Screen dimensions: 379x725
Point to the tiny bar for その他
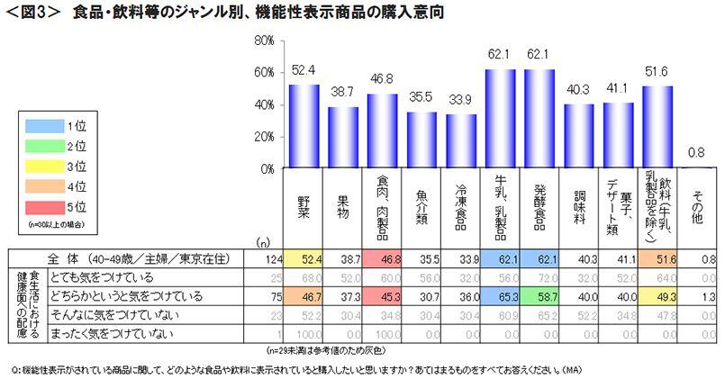(697, 167)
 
